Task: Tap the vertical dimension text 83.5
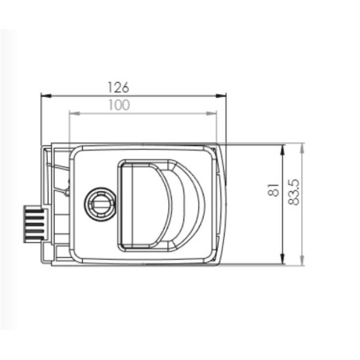295,192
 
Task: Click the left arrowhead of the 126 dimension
45,96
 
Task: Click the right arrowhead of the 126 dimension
222,96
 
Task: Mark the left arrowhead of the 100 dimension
73,113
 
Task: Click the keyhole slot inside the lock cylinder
100,205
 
